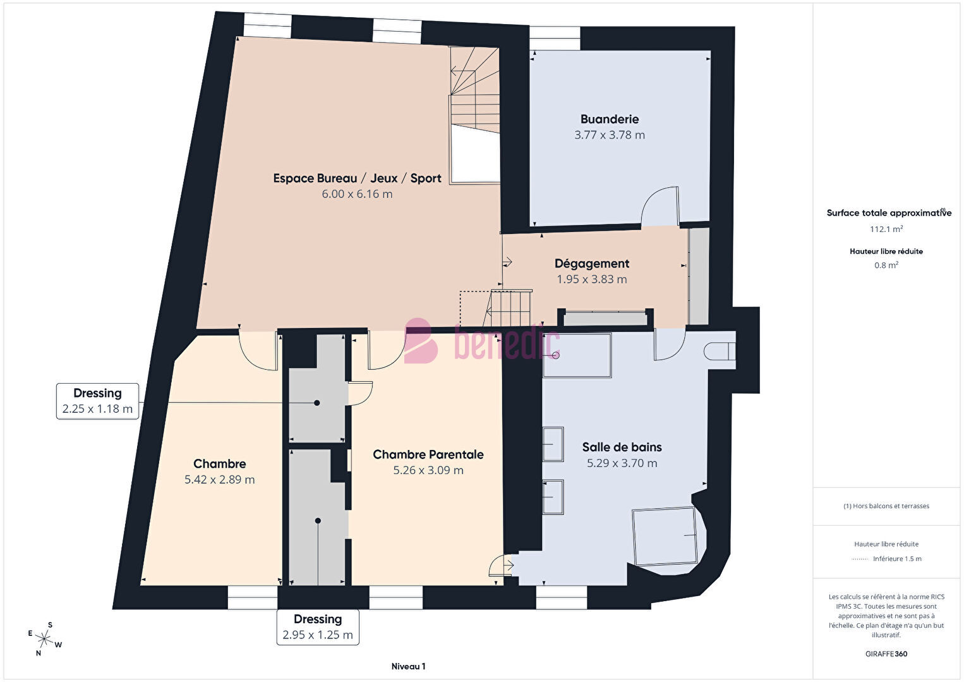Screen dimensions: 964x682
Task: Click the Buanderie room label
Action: coord(610,119)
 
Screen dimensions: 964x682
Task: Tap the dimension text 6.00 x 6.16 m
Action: coord(357,194)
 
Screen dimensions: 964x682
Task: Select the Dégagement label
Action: coord(592,264)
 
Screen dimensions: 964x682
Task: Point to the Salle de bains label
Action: coord(622,448)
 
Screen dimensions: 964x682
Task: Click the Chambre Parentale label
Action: coord(428,454)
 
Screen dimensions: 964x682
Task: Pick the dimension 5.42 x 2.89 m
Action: coord(219,480)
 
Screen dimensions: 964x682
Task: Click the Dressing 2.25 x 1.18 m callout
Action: coord(98,401)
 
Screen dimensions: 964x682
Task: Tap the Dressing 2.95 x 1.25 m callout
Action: coord(318,627)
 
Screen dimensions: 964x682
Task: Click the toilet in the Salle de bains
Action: coord(720,351)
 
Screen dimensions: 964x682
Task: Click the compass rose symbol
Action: coord(44,638)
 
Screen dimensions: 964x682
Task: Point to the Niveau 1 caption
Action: coord(409,666)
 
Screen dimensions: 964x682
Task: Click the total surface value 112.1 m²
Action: coord(886,229)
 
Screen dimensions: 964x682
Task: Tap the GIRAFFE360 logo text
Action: coord(886,654)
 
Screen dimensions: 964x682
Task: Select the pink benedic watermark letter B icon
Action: coord(421,341)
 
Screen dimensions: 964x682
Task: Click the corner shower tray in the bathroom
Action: coord(665,537)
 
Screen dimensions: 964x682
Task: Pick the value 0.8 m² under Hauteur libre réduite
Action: coord(886,265)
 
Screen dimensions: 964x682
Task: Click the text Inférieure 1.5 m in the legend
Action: coord(897,559)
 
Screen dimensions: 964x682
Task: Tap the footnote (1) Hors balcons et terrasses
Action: coord(886,506)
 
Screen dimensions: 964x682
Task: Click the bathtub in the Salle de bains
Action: coord(577,355)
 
